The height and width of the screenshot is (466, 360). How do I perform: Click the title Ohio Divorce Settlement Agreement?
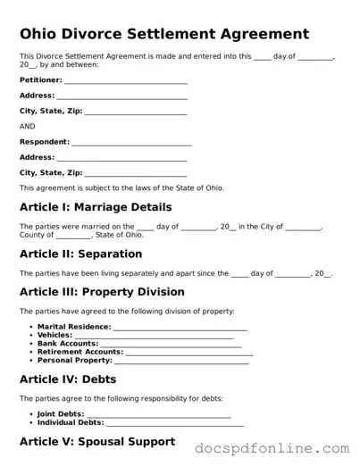[164, 34]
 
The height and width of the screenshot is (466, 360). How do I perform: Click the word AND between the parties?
[27, 127]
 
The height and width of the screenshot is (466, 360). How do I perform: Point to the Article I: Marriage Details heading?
[96, 207]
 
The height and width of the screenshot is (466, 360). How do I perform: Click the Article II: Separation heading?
[80, 254]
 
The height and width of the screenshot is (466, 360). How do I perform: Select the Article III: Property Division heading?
[102, 292]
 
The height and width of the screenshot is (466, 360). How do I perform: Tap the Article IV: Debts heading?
[68, 379]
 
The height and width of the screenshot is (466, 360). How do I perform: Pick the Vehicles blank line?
[159, 337]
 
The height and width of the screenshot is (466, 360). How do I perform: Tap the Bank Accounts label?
[67, 344]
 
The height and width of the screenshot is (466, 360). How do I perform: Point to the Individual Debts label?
[71, 422]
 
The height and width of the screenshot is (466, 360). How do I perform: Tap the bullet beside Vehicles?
[30, 336]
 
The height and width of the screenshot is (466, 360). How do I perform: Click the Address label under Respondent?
[37, 157]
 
